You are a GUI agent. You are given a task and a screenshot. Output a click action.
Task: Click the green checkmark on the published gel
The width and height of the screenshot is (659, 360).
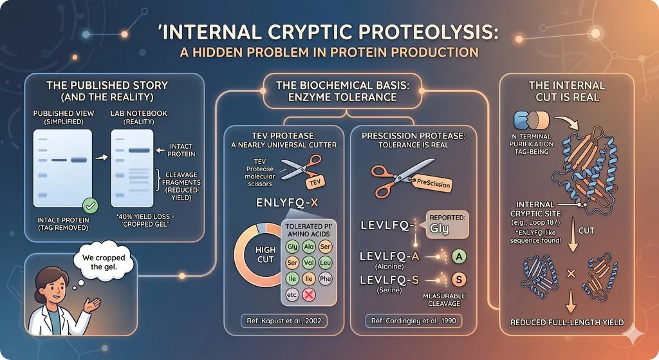(90, 205)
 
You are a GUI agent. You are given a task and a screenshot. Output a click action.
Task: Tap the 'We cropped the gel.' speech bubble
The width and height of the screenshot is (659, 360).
(104, 261)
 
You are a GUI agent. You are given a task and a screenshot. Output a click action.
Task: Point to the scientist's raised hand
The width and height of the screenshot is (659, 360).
(93, 304)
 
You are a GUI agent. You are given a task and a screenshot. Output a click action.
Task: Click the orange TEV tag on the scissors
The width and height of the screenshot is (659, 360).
(315, 182)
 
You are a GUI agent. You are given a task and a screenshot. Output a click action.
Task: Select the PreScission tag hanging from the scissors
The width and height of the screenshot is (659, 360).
(433, 184)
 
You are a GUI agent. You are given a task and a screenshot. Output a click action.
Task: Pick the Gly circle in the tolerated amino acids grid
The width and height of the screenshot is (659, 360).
(292, 247)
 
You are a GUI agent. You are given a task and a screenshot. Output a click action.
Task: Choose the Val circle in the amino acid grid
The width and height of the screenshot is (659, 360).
(309, 262)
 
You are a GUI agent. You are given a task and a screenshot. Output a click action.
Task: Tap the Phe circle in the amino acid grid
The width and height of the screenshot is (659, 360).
(325, 278)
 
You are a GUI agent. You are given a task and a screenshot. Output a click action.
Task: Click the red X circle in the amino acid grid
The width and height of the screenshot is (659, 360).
(309, 295)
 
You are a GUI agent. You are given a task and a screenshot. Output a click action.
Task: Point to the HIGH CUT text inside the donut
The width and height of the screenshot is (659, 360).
(265, 255)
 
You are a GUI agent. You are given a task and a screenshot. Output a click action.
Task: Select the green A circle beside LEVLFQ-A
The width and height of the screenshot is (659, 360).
(458, 256)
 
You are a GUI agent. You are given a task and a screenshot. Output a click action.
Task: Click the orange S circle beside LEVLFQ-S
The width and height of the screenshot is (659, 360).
(458, 279)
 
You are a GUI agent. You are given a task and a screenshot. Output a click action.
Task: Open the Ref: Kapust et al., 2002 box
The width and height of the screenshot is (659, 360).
(284, 321)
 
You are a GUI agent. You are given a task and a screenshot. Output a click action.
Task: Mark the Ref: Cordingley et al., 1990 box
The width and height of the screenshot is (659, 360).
(414, 321)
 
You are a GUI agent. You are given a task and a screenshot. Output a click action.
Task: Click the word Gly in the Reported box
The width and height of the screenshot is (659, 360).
(439, 229)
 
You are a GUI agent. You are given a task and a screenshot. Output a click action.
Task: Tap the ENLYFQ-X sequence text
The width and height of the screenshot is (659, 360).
(288, 203)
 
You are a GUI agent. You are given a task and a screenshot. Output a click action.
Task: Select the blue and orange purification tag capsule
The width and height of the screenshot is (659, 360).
(531, 120)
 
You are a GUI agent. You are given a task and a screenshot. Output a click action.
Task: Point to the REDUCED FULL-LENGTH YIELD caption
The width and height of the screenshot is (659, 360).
(567, 323)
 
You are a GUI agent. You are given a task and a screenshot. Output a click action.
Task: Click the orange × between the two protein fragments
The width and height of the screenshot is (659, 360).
(571, 274)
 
